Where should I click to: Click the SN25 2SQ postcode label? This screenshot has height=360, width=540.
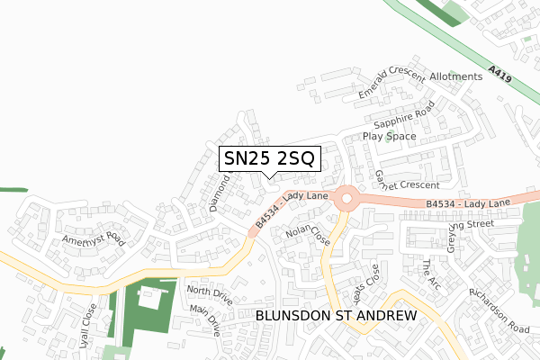268,159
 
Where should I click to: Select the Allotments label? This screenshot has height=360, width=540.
456,77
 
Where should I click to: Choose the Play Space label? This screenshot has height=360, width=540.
390,137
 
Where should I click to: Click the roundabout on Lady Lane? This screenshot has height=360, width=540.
346,197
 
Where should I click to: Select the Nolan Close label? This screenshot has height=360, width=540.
308,236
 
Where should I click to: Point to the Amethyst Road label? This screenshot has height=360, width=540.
92,239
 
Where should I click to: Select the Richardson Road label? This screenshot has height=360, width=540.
499,310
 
